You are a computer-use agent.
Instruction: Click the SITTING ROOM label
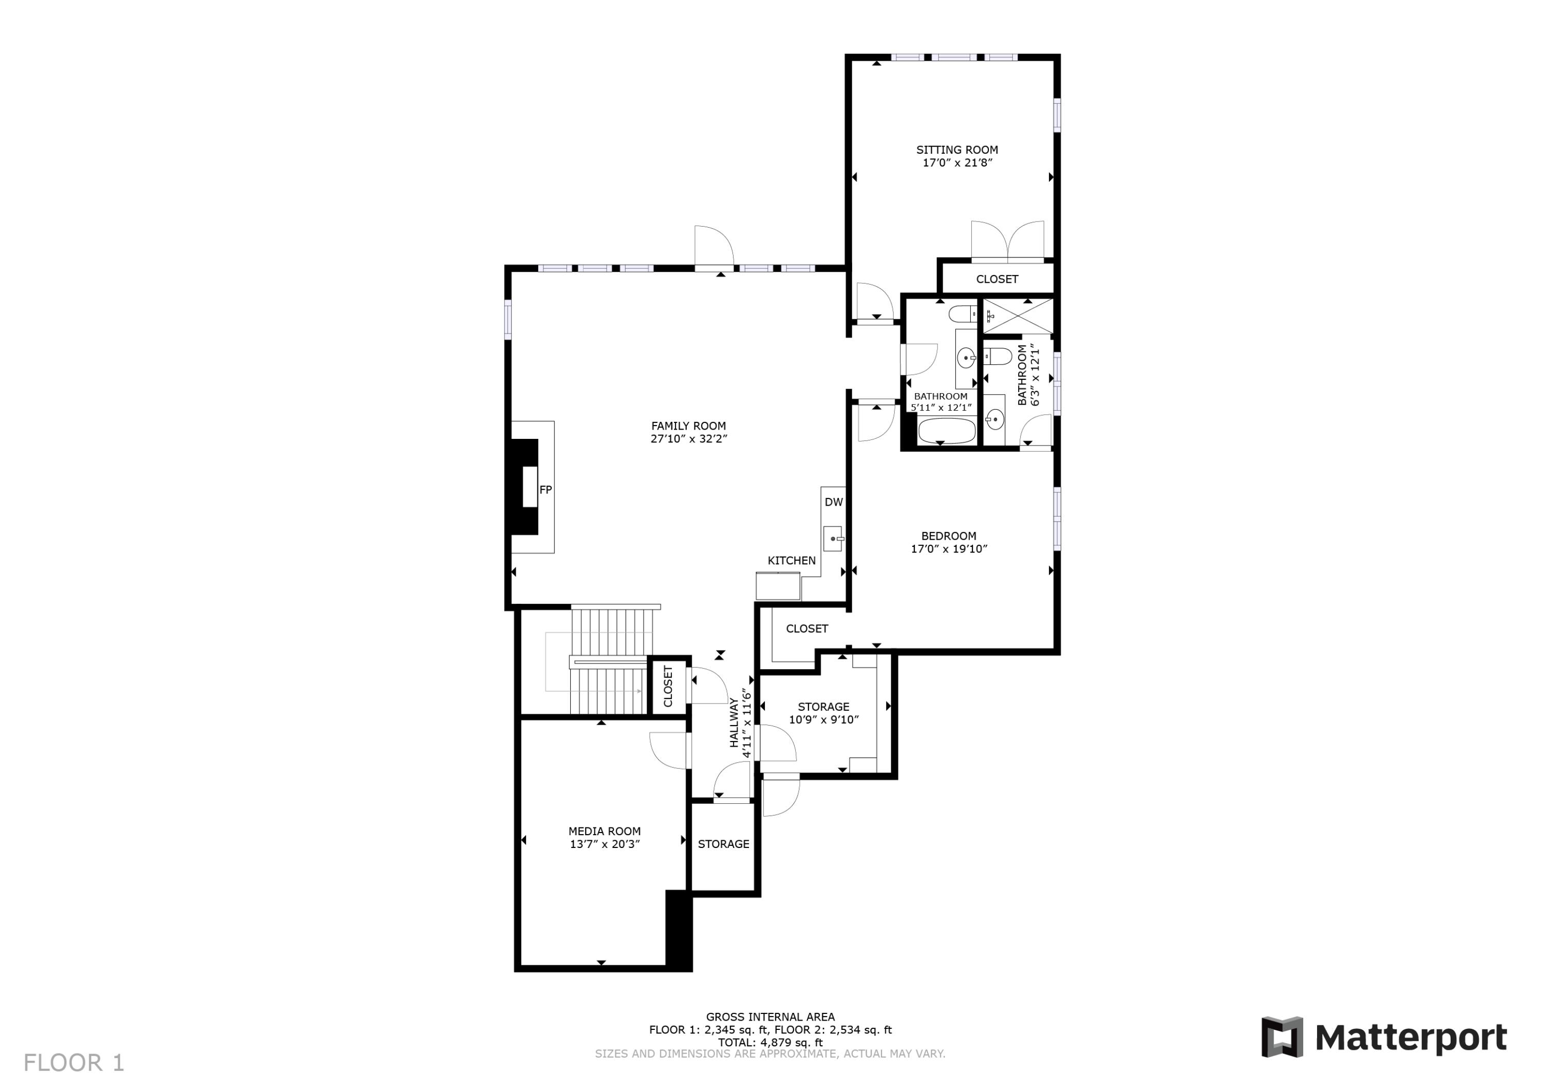pos(956,150)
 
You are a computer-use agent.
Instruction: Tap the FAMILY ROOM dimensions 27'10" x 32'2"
pos(689,438)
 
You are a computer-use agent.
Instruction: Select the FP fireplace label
pos(545,490)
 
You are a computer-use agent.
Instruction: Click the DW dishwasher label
pos(833,502)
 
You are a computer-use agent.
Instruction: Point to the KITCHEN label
pos(792,560)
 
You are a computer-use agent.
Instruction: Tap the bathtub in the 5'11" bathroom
pos(946,431)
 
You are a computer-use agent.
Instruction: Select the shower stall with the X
pos(1018,316)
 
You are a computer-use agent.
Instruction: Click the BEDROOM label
pos(948,535)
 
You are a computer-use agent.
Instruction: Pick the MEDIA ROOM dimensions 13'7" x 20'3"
pos(604,843)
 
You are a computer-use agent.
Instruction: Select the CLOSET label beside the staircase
pos(668,686)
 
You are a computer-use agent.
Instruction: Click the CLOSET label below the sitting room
pos(997,279)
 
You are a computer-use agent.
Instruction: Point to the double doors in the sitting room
pos(1007,242)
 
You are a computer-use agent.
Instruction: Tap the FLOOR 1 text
pos(74,1062)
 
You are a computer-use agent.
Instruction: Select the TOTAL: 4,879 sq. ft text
pos(770,1042)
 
